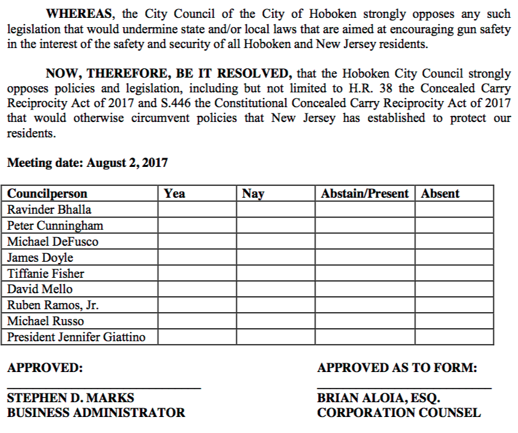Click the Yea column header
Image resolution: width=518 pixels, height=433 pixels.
[x=175, y=193]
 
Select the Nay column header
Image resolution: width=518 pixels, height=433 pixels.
[x=253, y=193]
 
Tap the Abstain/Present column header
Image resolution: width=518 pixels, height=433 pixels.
[x=364, y=193]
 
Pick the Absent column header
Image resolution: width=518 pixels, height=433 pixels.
[x=440, y=193]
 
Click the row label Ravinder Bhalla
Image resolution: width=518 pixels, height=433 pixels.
[x=49, y=209]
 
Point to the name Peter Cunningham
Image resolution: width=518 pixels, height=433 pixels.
[x=55, y=225]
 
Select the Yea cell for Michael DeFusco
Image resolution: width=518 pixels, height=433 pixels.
[x=197, y=241]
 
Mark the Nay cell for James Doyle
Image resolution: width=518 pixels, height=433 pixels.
[x=276, y=257]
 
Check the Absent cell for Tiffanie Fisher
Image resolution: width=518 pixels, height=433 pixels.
[x=454, y=273]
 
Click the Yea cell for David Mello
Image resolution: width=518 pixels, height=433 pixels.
[x=197, y=289]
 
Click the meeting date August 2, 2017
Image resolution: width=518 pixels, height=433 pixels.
[x=127, y=163]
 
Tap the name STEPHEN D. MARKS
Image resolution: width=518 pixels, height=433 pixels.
[x=70, y=398]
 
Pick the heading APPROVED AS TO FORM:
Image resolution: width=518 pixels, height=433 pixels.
[x=397, y=368]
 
